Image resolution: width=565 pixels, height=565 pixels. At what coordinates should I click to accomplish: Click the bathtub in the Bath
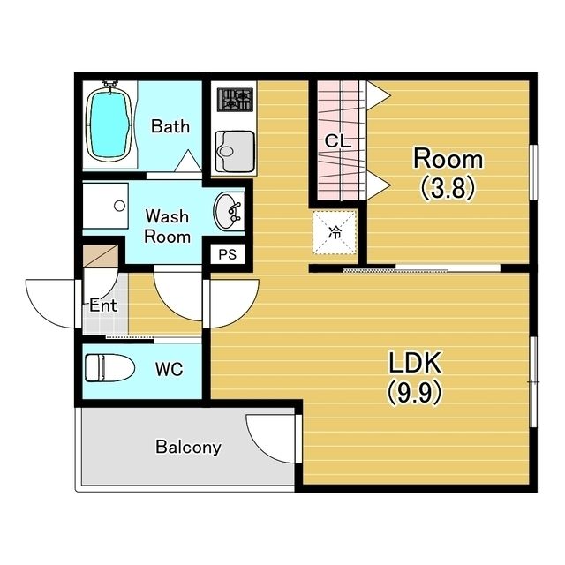point(109,124)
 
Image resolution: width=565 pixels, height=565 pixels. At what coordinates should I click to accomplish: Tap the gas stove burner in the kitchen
point(236,100)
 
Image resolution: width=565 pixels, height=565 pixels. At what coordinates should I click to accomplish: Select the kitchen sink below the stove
point(235,151)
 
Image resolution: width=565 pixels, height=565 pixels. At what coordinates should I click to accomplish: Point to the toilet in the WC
point(109,368)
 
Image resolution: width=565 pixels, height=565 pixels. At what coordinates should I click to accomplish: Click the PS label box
point(228,254)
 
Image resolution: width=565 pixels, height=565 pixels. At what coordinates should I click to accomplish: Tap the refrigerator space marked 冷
point(335,233)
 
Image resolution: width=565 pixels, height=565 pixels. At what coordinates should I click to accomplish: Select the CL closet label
point(337,141)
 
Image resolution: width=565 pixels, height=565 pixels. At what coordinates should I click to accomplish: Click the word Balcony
point(188,448)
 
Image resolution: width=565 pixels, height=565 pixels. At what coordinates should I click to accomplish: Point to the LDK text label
point(415,363)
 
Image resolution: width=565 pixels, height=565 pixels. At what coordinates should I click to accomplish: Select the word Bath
point(170,126)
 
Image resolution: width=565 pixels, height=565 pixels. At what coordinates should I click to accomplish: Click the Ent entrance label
point(103,305)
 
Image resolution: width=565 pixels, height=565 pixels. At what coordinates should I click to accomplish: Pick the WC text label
point(169,369)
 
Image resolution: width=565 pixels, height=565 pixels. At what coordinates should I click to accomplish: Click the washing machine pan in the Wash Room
point(106,206)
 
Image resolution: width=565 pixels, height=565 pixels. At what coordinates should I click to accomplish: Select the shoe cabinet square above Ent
point(101,256)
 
